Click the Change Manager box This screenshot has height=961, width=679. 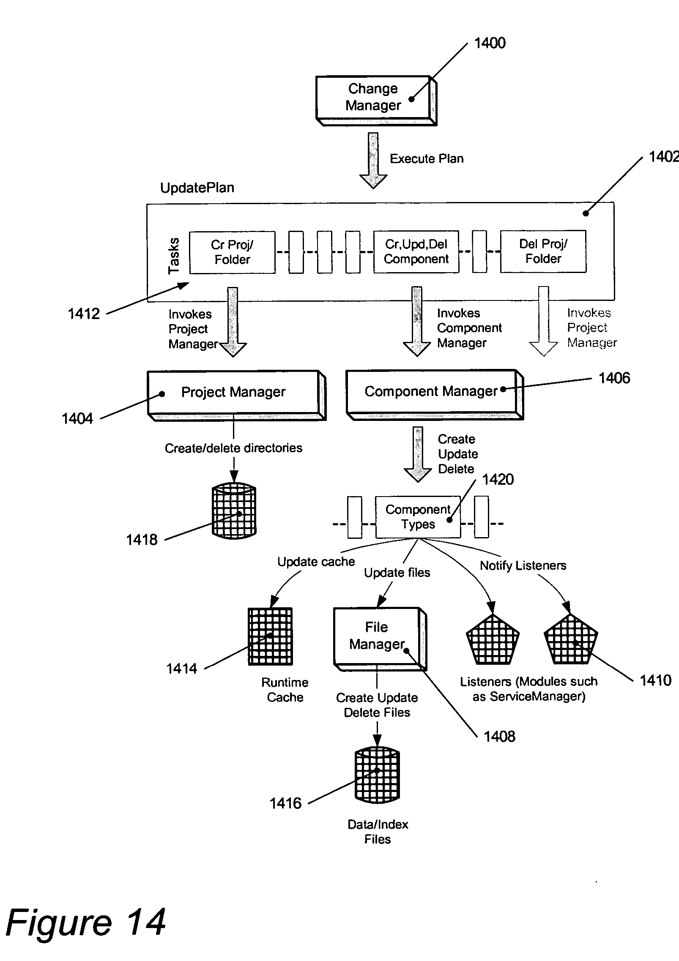373,97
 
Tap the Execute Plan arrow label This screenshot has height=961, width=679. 426,159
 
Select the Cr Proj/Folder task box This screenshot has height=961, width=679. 232,252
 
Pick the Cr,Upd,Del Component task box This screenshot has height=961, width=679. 416,251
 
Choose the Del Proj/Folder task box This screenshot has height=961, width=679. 543,251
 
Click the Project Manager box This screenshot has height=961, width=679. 233,392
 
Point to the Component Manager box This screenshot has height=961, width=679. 431,391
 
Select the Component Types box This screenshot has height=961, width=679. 418,517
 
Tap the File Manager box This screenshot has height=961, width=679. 377,636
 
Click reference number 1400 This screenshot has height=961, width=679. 490,43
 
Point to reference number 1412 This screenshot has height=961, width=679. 84,314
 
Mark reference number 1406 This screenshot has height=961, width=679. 614,378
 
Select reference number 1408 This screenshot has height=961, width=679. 499,737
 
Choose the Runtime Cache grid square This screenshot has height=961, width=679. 270,636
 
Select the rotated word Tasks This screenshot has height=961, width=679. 174,256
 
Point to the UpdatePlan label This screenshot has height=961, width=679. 197,188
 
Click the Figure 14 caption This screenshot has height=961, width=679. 86,923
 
